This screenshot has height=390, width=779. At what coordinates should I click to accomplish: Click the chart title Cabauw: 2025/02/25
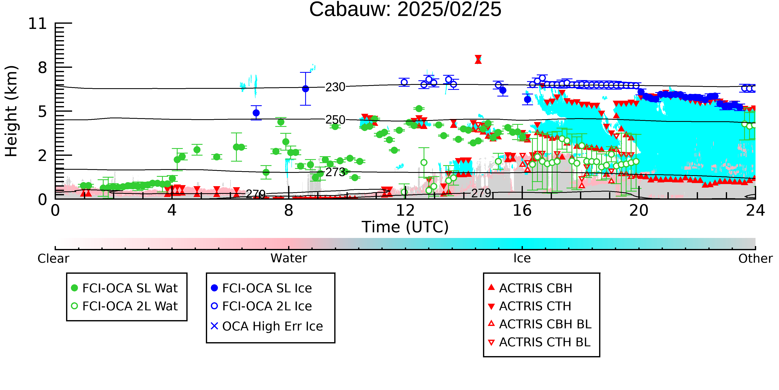click(405, 10)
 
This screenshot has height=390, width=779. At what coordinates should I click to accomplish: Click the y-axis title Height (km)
click(11, 111)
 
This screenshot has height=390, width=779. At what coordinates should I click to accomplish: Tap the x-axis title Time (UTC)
click(405, 227)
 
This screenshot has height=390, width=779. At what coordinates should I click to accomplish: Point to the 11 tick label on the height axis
click(38, 24)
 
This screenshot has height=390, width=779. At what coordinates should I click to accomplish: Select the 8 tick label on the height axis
click(43, 68)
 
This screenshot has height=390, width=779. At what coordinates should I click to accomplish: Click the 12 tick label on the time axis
click(405, 210)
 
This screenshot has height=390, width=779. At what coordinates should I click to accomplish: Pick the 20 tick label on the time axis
click(639, 210)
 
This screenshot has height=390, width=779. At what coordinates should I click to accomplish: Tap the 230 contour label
click(335, 87)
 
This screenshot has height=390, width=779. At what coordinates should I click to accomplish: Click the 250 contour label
click(335, 120)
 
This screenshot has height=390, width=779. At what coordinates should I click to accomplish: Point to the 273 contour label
click(335, 172)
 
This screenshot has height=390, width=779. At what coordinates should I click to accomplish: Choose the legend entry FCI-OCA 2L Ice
click(262, 306)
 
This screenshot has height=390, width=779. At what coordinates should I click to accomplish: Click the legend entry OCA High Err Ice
click(267, 326)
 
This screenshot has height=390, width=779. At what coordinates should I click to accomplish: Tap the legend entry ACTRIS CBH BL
click(540, 324)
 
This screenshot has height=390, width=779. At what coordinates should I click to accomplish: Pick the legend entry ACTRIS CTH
click(530, 306)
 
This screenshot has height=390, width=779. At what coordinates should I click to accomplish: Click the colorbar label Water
click(289, 258)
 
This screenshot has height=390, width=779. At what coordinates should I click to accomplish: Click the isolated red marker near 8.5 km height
click(478, 59)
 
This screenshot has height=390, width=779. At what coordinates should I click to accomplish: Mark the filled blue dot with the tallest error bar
click(305, 89)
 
